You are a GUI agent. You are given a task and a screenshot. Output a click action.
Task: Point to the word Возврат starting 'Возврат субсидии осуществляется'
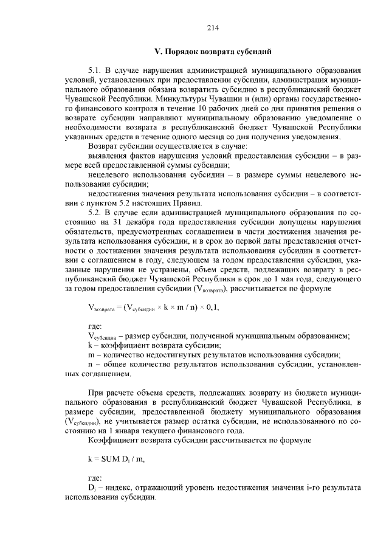tap(105, 147)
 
